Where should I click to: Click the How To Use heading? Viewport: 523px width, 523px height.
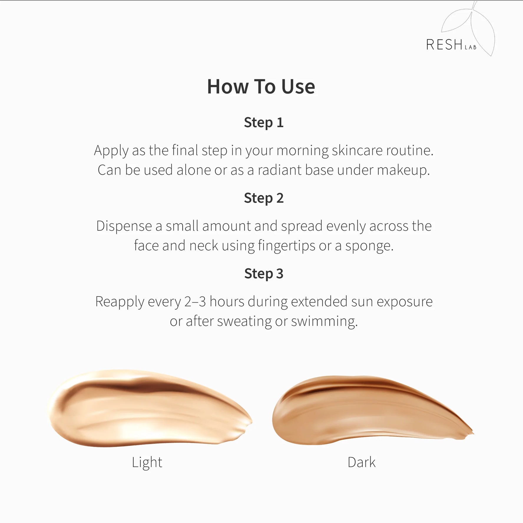click(x=261, y=87)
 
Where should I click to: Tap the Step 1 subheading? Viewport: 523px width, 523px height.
click(x=264, y=123)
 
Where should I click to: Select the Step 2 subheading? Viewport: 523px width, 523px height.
click(x=264, y=198)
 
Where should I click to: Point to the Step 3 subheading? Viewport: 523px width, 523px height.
click(x=264, y=274)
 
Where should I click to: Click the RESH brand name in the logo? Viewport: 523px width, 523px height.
click(x=444, y=45)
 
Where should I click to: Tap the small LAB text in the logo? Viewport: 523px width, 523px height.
click(x=471, y=47)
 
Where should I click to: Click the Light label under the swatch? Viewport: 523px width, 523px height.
click(x=147, y=463)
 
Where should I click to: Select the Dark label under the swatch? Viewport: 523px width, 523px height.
click(x=362, y=462)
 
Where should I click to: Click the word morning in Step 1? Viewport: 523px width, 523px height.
click(x=302, y=151)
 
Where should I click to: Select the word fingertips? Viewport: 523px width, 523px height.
click(x=287, y=246)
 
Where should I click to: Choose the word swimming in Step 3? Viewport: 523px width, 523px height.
click(x=324, y=322)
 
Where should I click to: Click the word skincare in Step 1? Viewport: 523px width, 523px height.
click(x=357, y=150)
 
